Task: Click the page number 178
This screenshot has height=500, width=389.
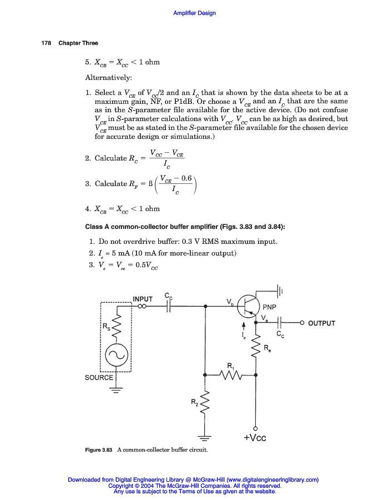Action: (46, 43)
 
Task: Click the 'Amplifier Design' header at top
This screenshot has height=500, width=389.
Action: (194, 13)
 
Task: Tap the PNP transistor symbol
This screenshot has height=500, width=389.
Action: (247, 306)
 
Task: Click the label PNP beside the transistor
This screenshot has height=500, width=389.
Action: (270, 307)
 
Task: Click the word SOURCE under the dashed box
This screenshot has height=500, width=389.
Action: (99, 378)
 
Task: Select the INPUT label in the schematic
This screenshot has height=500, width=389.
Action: (143, 299)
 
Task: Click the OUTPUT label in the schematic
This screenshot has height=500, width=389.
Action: (321, 323)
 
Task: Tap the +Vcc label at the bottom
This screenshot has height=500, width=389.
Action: (255, 438)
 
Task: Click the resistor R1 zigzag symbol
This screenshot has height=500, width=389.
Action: (230, 376)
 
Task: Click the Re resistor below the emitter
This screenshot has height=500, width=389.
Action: (256, 348)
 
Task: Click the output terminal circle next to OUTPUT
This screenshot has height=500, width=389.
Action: (301, 323)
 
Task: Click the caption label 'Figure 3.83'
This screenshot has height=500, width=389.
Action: (99, 449)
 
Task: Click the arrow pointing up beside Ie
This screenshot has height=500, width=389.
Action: (243, 327)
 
